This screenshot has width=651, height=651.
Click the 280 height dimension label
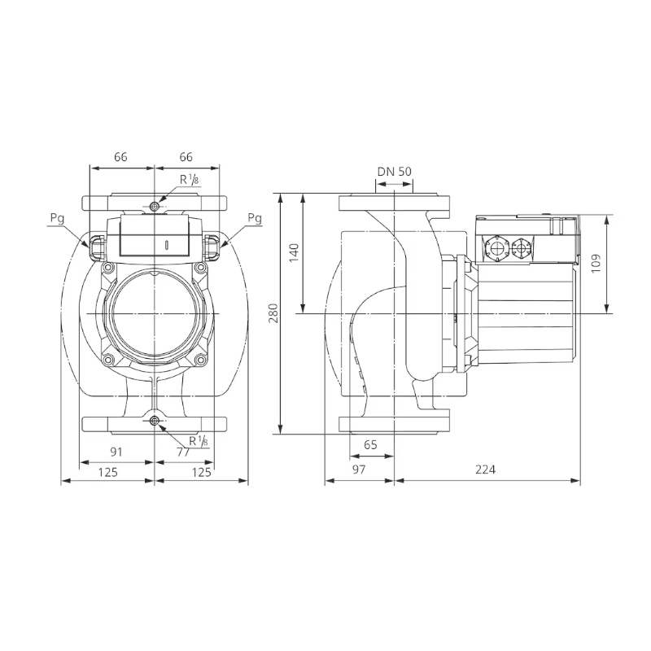[x=273, y=313]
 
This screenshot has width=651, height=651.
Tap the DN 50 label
[x=395, y=172]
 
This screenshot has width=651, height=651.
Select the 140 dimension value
[x=294, y=252]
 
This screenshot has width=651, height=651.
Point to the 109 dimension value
[x=596, y=263]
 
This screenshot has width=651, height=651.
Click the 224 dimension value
[x=485, y=470]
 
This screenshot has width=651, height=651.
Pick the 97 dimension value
[x=359, y=470]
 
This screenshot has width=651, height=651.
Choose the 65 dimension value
[x=370, y=444]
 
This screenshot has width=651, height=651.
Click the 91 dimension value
[x=116, y=452]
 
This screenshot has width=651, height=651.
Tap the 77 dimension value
[x=183, y=452]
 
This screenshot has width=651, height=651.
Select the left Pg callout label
[x=57, y=218]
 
